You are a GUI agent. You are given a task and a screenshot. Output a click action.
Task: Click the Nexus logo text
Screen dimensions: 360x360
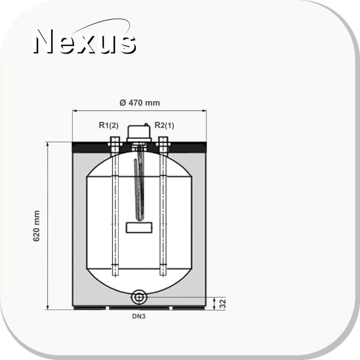(x=85, y=41)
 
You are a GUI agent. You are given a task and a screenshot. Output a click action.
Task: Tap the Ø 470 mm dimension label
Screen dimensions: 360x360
(x=139, y=103)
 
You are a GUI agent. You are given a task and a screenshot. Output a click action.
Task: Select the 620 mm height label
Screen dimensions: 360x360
(x=36, y=226)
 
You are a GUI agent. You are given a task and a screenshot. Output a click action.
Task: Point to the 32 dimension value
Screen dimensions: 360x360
(x=222, y=304)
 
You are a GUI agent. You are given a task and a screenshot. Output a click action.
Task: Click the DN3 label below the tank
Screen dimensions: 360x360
(x=139, y=316)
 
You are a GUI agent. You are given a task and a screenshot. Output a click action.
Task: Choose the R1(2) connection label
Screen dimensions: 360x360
(x=108, y=125)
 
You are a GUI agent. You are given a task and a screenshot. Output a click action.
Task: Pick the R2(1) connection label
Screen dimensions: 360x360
(x=164, y=125)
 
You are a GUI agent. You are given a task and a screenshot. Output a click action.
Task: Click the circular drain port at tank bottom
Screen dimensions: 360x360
(x=139, y=297)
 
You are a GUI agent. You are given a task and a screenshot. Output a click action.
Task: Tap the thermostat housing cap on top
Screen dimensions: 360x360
(x=139, y=133)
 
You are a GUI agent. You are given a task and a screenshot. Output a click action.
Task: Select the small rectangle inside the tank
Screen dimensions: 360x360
(x=139, y=228)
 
